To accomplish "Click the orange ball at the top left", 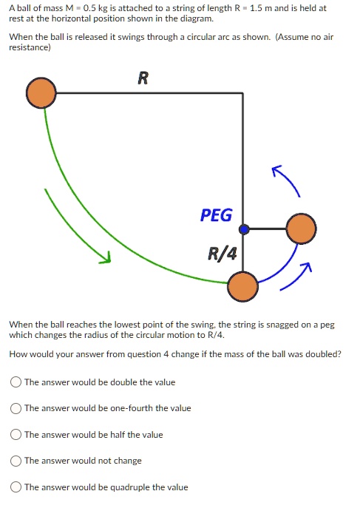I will [41, 92].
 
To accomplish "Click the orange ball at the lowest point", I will [242, 285].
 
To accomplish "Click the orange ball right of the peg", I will [300, 229].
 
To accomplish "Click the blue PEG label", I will [216, 215].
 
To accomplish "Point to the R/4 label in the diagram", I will [223, 255].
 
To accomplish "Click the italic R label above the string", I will [143, 78].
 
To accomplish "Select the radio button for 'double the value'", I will [16, 382].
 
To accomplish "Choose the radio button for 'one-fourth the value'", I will [16, 408].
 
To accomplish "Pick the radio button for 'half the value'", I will [16, 435].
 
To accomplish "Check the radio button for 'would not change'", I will [16, 461].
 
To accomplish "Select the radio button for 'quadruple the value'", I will [16, 487].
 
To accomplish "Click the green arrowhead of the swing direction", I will [106, 259].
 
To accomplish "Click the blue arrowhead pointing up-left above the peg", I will [276, 171].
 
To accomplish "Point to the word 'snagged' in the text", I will [262, 325].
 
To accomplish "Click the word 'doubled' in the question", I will [325, 354].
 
